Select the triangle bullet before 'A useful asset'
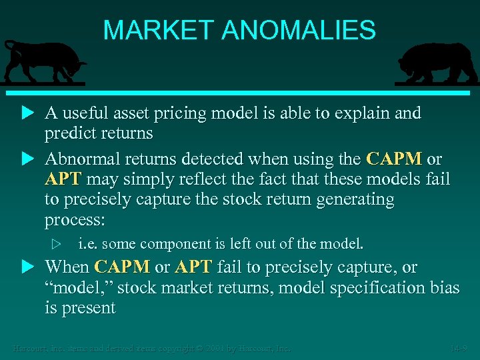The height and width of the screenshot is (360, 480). coord(27,114)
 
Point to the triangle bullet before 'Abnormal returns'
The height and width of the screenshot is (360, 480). coord(27,159)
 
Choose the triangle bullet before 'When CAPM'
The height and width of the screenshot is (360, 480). coord(27,267)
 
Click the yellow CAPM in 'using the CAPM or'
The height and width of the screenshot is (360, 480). coord(394,159)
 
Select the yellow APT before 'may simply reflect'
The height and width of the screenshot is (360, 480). coord(63,179)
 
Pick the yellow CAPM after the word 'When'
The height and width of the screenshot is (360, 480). coord(122,267)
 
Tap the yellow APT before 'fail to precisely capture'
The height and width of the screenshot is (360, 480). coord(193,267)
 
